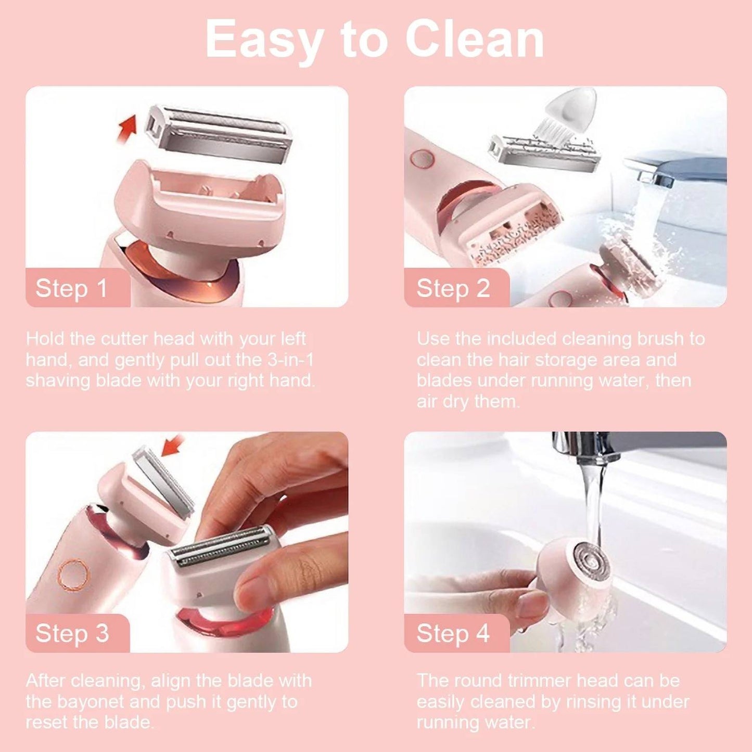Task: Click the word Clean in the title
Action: click(475, 39)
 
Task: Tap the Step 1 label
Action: click(71, 288)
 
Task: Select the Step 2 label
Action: click(453, 288)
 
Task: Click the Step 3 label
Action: click(72, 633)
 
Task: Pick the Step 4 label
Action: click(453, 633)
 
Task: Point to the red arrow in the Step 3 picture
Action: click(173, 446)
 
